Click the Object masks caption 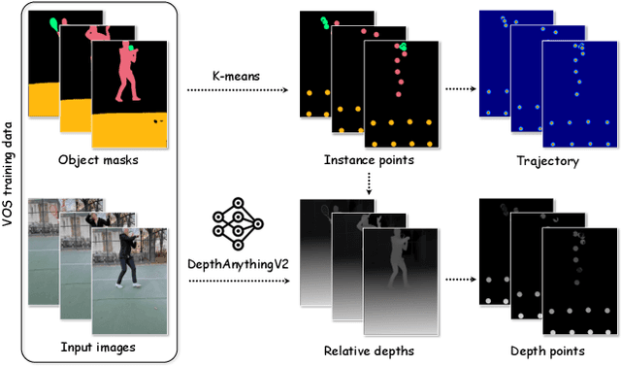[100, 160]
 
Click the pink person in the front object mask [125, 73]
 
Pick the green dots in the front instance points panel [402, 48]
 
